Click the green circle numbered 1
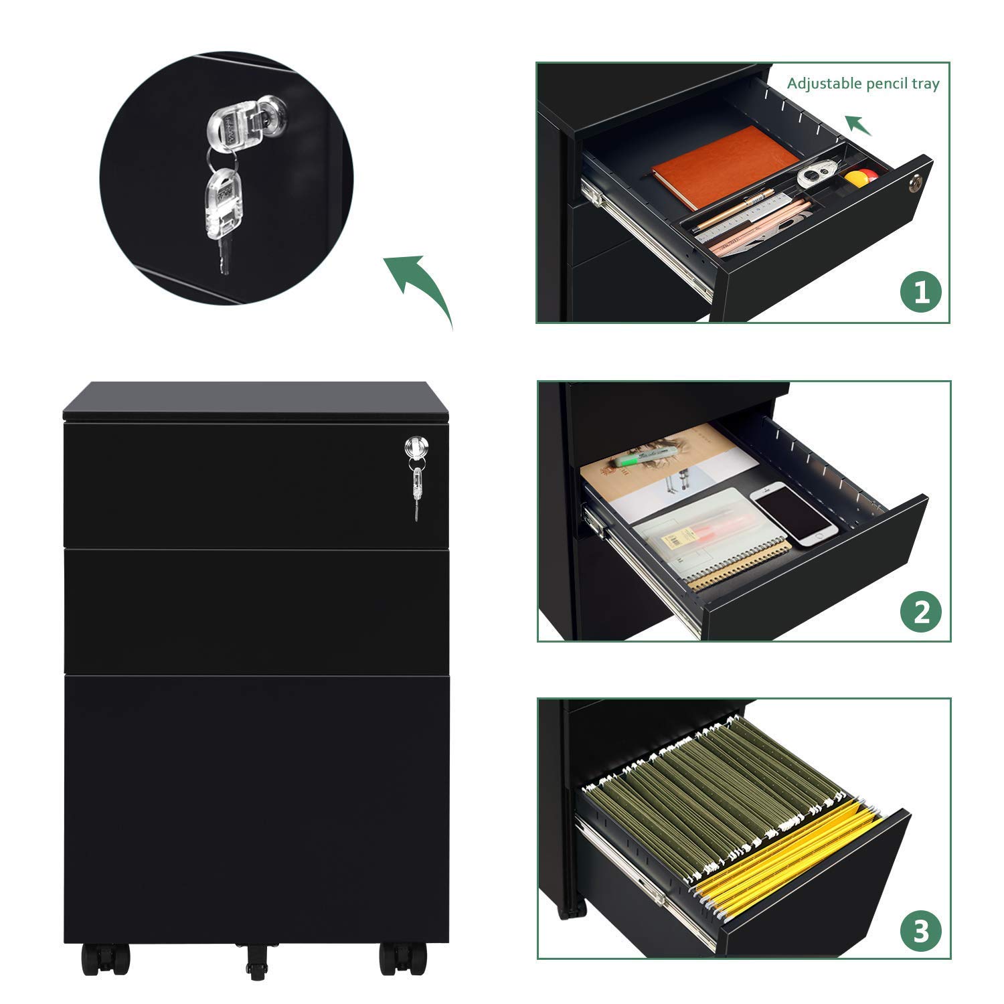click(921, 292)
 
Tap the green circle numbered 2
click(921, 611)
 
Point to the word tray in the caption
click(924, 84)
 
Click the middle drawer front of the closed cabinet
click(256, 611)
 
